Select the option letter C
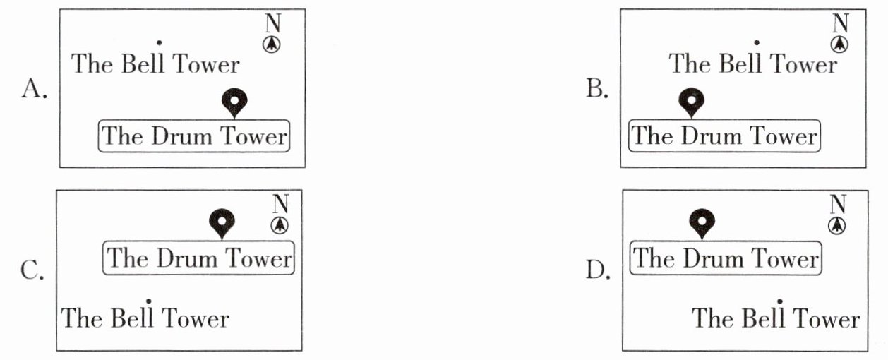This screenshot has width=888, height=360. (x=32, y=271)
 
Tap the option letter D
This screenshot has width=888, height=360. (x=597, y=270)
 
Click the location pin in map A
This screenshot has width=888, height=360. (x=234, y=102)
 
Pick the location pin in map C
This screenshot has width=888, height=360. (x=222, y=223)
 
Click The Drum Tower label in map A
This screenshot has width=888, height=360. (x=194, y=136)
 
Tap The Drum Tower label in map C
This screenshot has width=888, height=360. (x=199, y=258)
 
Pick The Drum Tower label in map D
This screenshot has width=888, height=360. (x=725, y=258)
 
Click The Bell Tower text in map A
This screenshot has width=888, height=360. (x=156, y=64)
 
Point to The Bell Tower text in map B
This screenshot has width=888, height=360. (x=753, y=64)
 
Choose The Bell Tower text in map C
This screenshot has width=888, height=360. (x=145, y=318)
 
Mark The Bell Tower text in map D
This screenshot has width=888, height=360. (x=776, y=318)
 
